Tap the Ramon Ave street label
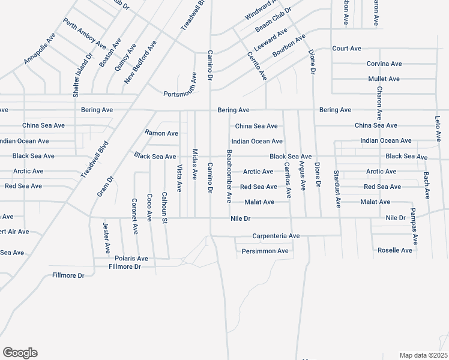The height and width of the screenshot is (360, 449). pyautogui.click(x=161, y=133)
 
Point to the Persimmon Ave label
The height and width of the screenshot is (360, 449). pyautogui.click(x=265, y=251)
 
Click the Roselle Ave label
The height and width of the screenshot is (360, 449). pyautogui.click(x=395, y=250)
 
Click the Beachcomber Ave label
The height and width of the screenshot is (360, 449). pyautogui.click(x=229, y=176)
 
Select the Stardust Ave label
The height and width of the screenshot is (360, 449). pyautogui.click(x=338, y=188)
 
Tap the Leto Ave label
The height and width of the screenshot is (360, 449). pyautogui.click(x=438, y=129)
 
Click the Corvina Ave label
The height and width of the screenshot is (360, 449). pyautogui.click(x=384, y=64)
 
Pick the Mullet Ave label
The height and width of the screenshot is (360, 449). pyautogui.click(x=384, y=79)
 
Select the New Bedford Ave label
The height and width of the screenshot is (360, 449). pyautogui.click(x=140, y=62)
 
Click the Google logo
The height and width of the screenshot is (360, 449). pyautogui.click(x=20, y=353)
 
